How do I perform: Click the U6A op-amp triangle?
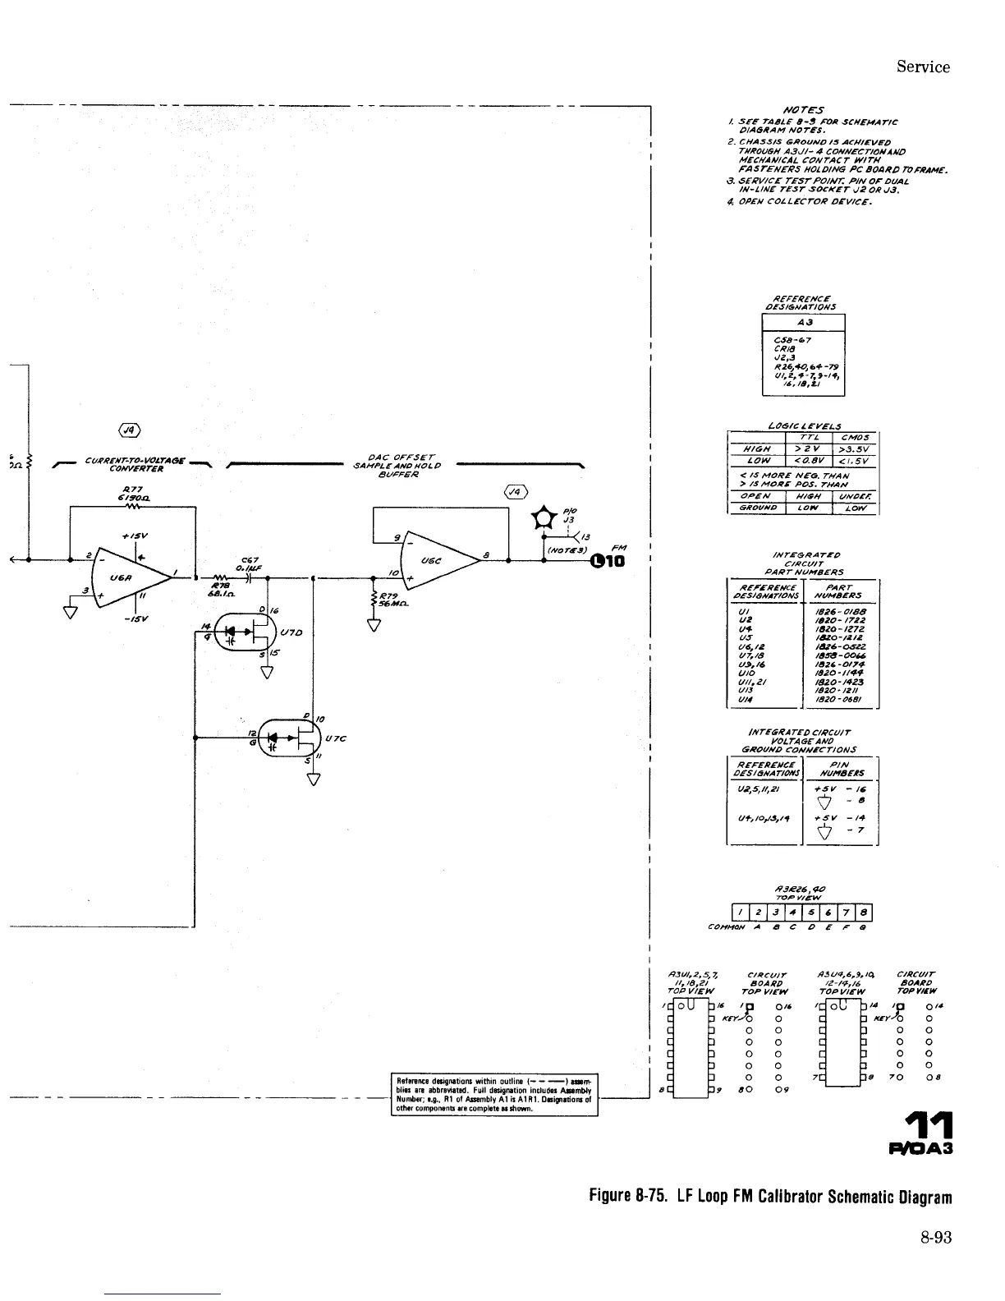pos(131,576)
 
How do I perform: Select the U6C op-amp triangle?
pos(435,562)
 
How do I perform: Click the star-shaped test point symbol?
pos(543,518)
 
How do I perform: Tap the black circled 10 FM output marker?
pos(607,561)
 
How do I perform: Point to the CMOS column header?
pos(854,437)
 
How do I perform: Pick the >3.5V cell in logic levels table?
pos(854,449)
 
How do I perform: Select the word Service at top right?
pos(923,67)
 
